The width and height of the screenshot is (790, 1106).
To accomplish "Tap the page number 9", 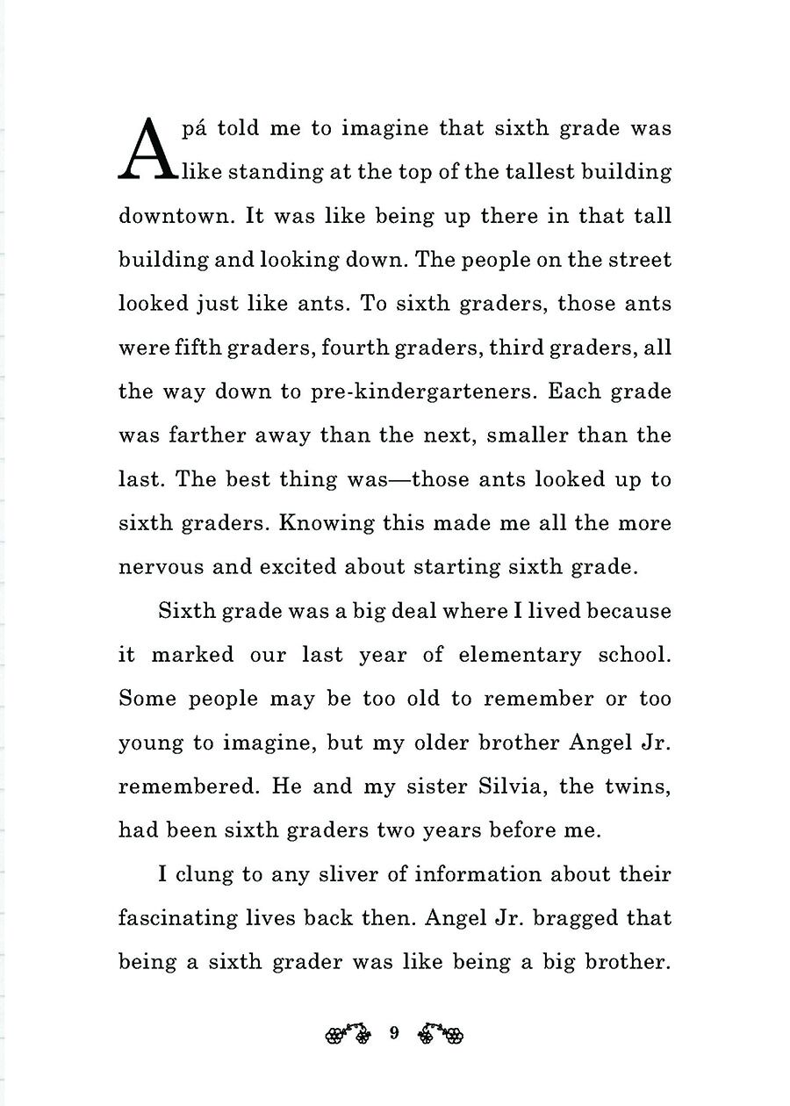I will tap(394, 1033).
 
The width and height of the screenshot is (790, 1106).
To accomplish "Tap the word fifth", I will tap(194, 348).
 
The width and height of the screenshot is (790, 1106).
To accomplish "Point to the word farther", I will tap(205, 435).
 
